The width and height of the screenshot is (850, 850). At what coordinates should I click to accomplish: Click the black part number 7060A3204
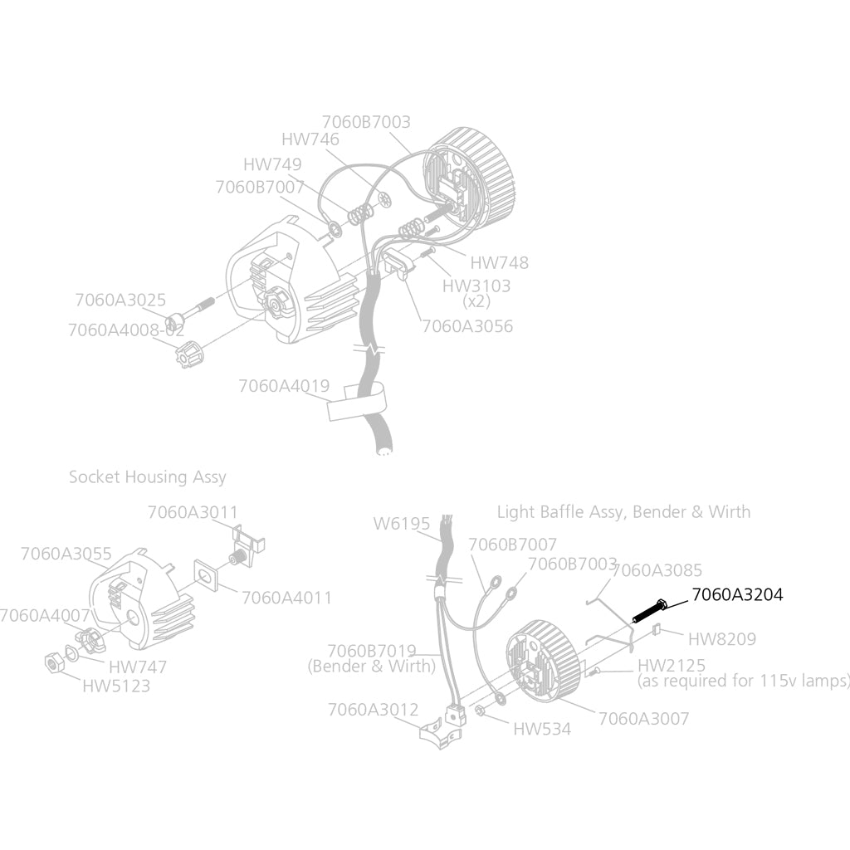point(737,594)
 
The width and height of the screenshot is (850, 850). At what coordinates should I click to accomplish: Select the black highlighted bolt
point(649,611)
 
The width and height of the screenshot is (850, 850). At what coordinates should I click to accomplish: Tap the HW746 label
point(310,139)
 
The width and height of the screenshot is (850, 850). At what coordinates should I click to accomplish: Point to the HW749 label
point(272,164)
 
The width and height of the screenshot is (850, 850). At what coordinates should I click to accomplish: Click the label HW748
point(499,263)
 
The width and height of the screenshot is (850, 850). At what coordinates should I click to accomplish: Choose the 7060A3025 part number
point(120,300)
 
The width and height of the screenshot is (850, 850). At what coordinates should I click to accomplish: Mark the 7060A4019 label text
point(284,386)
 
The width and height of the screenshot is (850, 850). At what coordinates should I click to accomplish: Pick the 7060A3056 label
point(467,326)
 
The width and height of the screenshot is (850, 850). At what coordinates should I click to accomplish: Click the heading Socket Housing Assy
point(148,477)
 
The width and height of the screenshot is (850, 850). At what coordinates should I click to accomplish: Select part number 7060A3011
point(193,512)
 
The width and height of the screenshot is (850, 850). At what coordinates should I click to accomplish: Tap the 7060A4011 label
point(286,598)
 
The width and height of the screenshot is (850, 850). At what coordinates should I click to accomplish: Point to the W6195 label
point(402,524)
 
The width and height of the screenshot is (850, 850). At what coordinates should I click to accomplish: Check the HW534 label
point(542,729)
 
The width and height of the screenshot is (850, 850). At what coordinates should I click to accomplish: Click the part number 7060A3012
point(374,710)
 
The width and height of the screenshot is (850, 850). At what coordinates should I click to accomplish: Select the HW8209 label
point(722,639)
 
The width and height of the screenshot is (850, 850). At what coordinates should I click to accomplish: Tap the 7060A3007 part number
point(644,719)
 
